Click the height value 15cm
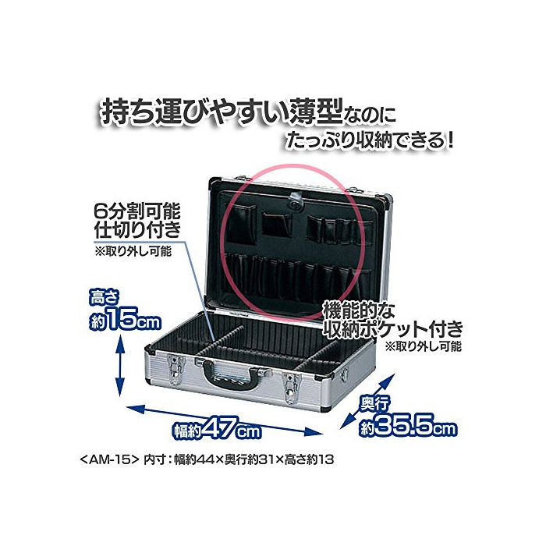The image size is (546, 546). (x=126, y=322)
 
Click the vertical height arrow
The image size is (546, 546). (x=119, y=367)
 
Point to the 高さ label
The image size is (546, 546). (x=105, y=298)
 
